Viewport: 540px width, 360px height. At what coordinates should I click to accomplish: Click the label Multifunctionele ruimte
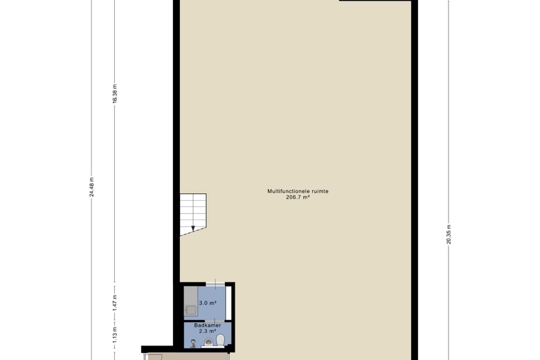click(x=298, y=191)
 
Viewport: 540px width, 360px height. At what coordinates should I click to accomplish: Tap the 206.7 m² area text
click(x=298, y=197)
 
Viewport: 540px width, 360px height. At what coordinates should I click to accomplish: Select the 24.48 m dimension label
click(x=91, y=187)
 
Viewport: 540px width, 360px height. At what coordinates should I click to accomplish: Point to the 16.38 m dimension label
click(x=115, y=93)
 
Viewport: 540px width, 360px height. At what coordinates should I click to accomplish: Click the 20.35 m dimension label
click(x=449, y=234)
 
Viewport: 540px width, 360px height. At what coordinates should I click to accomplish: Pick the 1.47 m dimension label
click(x=115, y=303)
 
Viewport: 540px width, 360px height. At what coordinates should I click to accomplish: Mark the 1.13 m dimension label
click(x=115, y=334)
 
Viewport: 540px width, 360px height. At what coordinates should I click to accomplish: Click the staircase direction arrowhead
click(x=193, y=228)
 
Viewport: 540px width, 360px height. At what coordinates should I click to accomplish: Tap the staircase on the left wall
click(x=193, y=215)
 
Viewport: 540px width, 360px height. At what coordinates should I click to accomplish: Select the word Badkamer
click(x=207, y=325)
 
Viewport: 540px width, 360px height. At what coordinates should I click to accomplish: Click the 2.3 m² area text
click(x=207, y=331)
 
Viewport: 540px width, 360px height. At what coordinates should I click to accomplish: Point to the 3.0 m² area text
click(x=208, y=303)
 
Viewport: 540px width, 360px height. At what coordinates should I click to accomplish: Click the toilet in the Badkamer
click(x=220, y=340)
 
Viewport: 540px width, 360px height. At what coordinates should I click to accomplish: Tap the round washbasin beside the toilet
click(x=208, y=342)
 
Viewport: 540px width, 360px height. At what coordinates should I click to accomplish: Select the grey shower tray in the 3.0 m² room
click(x=190, y=301)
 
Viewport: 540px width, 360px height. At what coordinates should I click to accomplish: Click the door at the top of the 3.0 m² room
click(x=215, y=285)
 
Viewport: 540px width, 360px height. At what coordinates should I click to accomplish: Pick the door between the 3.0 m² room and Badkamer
click(x=208, y=320)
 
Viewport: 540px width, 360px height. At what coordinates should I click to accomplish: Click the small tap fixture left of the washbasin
click(x=193, y=343)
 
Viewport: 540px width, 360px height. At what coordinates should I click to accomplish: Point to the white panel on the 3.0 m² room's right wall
click(x=228, y=303)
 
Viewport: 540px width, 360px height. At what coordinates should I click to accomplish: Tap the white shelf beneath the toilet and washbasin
click(x=213, y=347)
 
